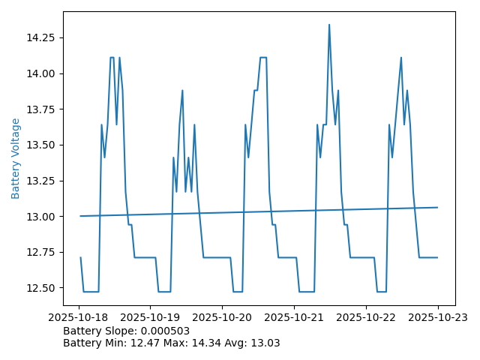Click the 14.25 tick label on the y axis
[42, 37]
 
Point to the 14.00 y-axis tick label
[42, 73]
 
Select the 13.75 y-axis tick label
[42, 109]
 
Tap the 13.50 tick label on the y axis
[42, 145]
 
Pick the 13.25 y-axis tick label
[42, 181]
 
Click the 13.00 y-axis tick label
[42, 217]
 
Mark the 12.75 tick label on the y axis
[42, 252]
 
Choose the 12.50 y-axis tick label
[42, 288]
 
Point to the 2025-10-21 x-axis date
[294, 317]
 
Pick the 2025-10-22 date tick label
[366, 317]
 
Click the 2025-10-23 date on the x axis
[437, 317]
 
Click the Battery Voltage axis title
[16, 158]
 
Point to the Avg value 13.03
[267, 343]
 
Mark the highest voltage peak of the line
[328, 25]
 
